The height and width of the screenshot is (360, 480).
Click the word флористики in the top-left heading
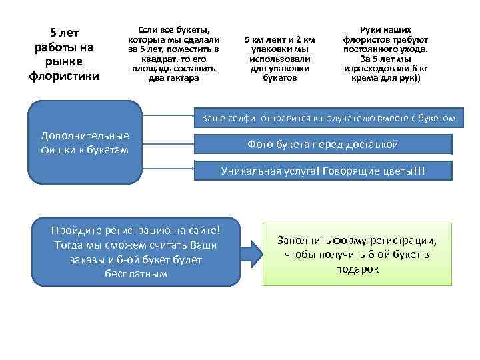coord(64,76)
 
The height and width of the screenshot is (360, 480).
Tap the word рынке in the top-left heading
coord(64,62)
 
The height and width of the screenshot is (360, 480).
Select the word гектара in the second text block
coord(184,78)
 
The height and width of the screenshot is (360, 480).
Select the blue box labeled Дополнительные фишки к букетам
coord(85,141)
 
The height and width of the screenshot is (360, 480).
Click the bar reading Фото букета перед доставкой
coord(323,144)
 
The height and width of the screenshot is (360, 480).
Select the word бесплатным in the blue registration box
coord(136,274)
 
